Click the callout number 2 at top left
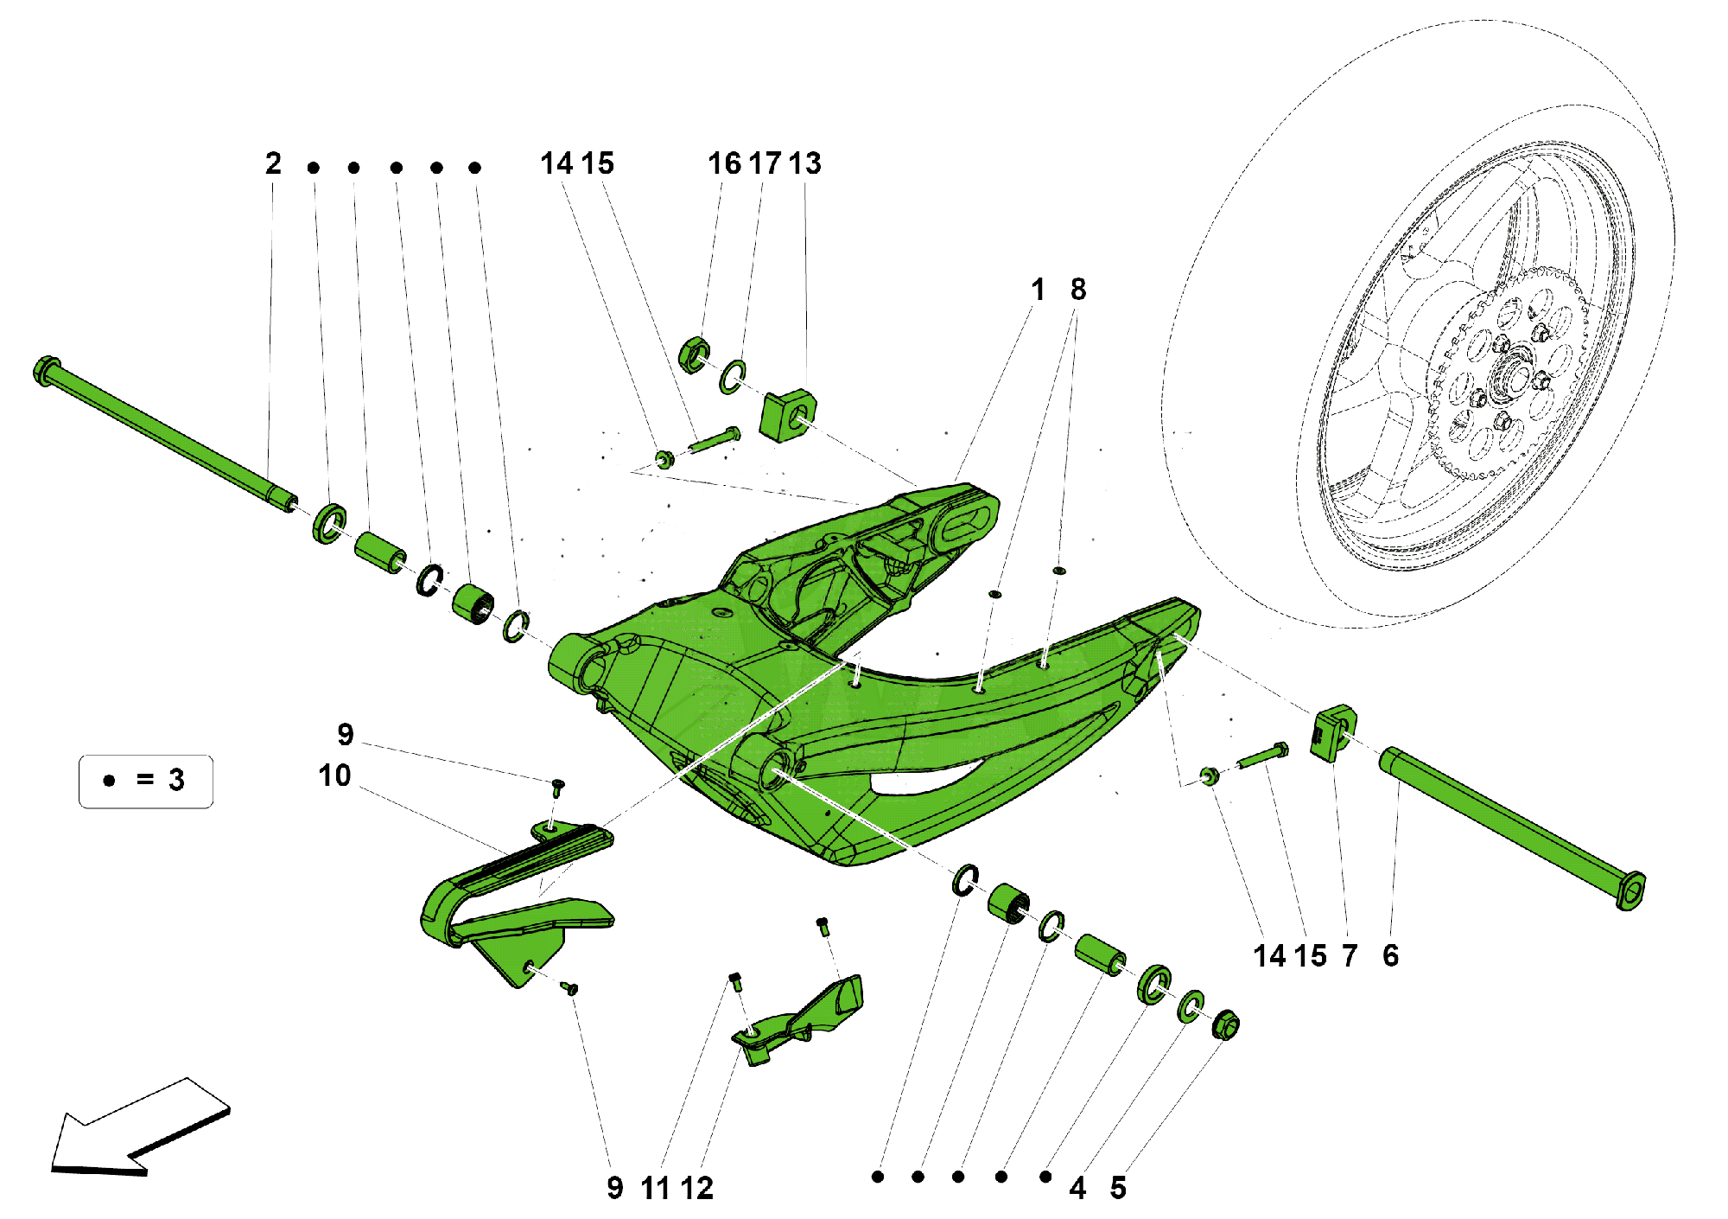(x=273, y=163)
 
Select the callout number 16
(x=724, y=163)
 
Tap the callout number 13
(x=804, y=163)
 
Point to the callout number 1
(x=1038, y=290)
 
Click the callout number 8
(x=1077, y=290)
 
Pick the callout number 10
(x=334, y=775)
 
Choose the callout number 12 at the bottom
(x=696, y=1188)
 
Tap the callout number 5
(x=1118, y=1188)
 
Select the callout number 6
(x=1390, y=955)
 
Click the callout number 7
(x=1350, y=955)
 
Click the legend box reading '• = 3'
(x=145, y=781)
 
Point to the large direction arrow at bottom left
(x=138, y=1128)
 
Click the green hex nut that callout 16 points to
(x=694, y=354)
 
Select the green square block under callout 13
(x=788, y=414)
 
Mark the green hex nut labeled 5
(x=1225, y=1025)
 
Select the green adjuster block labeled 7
(x=1333, y=733)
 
